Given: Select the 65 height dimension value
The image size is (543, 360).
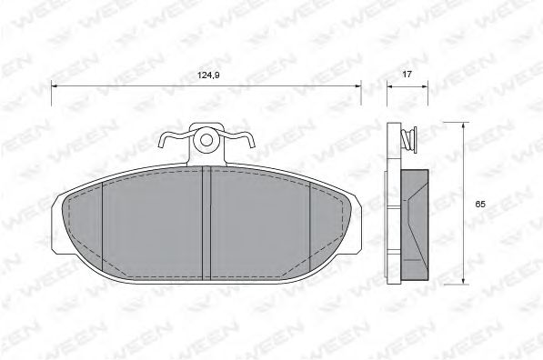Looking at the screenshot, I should click(x=479, y=205).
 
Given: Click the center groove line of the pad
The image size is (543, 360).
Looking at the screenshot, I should click(x=211, y=222).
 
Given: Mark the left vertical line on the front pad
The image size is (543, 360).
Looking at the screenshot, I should click(x=103, y=223).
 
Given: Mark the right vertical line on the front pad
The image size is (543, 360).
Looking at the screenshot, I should click(x=311, y=223).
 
